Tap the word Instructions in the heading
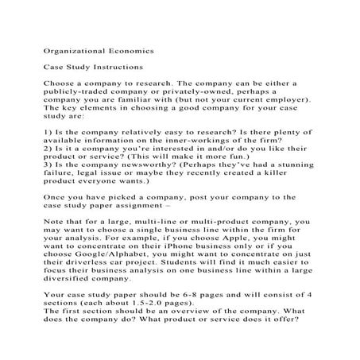116,68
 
